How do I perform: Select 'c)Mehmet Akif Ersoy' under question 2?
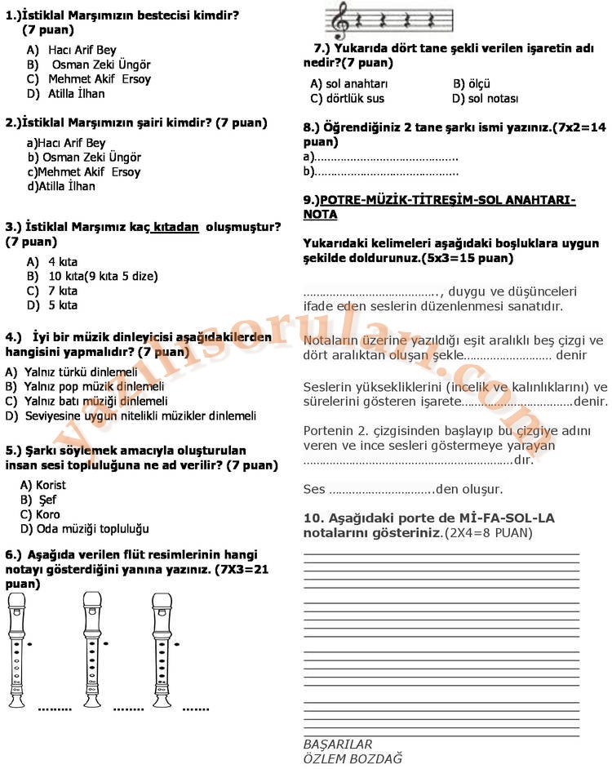(x=84, y=172)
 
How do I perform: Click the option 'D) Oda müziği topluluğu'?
(x=85, y=529)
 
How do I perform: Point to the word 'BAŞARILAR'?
(x=338, y=744)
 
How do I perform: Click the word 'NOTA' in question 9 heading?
(x=320, y=215)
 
